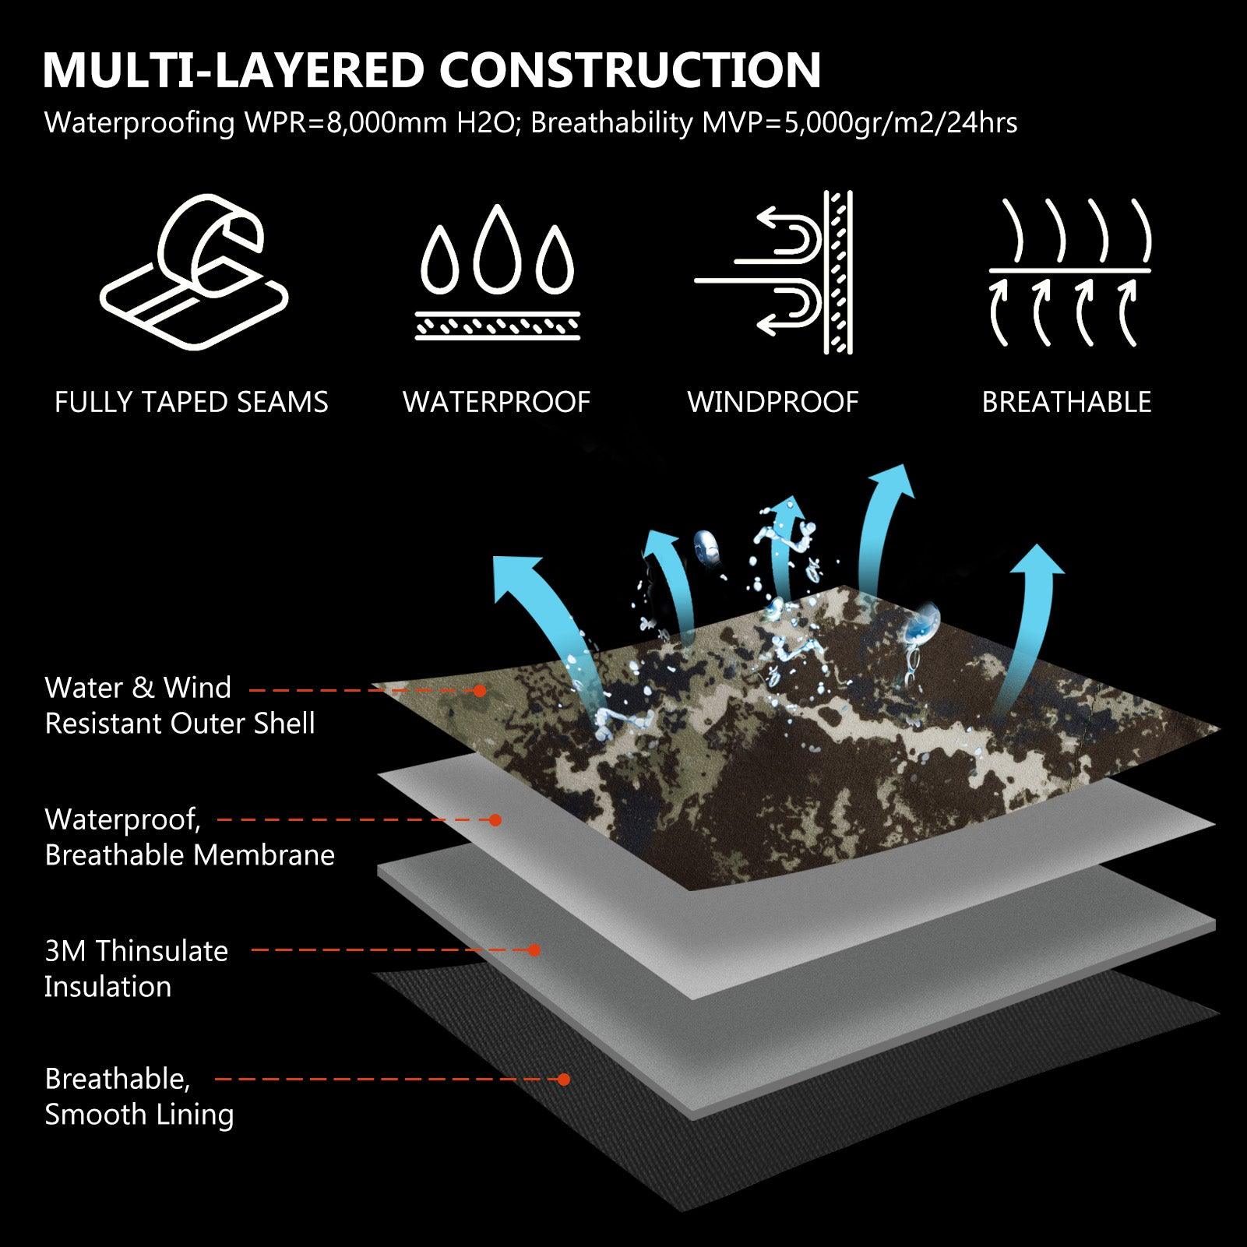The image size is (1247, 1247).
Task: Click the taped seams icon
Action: tap(194, 273)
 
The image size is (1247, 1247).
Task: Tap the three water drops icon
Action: tap(497, 273)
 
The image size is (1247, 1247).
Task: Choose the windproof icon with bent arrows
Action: tap(773, 273)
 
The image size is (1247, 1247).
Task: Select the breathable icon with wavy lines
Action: tap(1069, 273)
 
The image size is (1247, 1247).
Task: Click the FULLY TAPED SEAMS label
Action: tap(192, 403)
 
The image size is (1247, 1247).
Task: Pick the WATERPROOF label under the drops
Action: tap(496, 403)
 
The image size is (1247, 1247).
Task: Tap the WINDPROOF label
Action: tap(773, 403)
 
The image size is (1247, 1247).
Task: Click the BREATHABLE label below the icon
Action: tap(1066, 403)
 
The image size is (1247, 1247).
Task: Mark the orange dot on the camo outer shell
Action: tap(480, 690)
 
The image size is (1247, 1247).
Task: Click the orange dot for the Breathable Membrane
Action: tap(494, 819)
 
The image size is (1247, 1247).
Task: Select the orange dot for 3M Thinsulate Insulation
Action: tap(534, 950)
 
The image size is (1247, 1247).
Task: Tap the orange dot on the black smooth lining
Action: tap(564, 1080)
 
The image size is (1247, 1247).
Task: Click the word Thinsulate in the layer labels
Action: tap(162, 951)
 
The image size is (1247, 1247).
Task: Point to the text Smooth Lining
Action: tap(139, 1115)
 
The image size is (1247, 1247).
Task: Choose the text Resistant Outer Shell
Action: tap(180, 724)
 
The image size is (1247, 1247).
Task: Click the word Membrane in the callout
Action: tap(263, 855)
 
